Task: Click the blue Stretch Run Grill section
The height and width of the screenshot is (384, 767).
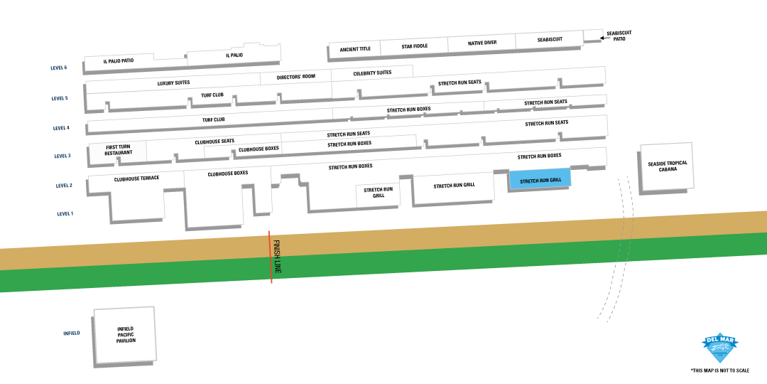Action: pyautogui.click(x=540, y=179)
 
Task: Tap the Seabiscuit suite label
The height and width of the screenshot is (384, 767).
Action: pyautogui.click(x=550, y=40)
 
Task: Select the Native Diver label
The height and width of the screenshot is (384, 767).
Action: pyautogui.click(x=482, y=43)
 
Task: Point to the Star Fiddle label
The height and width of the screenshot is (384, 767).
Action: pyautogui.click(x=414, y=46)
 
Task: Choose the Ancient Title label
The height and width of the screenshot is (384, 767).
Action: pyautogui.click(x=355, y=49)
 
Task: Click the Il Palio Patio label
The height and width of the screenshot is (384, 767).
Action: pyautogui.click(x=118, y=61)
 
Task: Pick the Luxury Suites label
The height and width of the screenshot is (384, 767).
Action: pyautogui.click(x=173, y=82)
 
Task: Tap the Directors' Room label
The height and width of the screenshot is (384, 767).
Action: pyautogui.click(x=295, y=76)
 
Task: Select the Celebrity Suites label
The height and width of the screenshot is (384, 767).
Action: pyautogui.click(x=372, y=73)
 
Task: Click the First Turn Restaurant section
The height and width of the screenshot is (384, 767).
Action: pyautogui.click(x=118, y=150)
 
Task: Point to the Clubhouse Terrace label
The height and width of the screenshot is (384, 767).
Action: pyautogui.click(x=136, y=178)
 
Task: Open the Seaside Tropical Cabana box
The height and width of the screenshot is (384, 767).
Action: pyautogui.click(x=667, y=166)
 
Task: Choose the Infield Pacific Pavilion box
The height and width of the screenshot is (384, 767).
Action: pyautogui.click(x=126, y=335)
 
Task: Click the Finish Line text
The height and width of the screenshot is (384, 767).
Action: pyautogui.click(x=277, y=257)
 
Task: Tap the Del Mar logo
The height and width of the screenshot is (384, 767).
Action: pyautogui.click(x=720, y=347)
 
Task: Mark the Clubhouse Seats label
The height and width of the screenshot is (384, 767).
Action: pyautogui.click(x=214, y=142)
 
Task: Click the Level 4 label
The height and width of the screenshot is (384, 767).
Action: pyautogui.click(x=61, y=128)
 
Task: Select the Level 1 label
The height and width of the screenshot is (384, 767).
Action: pyautogui.click(x=65, y=213)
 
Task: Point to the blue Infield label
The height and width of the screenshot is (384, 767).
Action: pyautogui.click(x=71, y=333)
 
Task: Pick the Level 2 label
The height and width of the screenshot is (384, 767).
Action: pyautogui.click(x=64, y=186)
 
